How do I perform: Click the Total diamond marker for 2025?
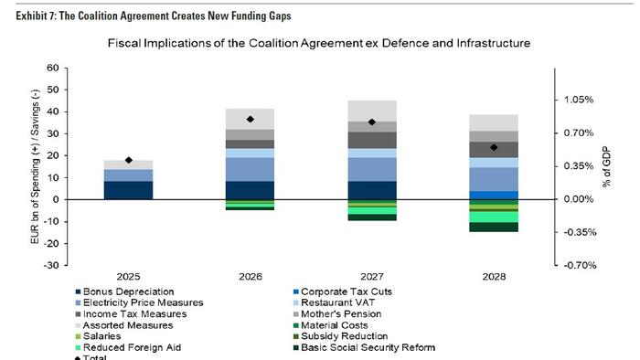129,161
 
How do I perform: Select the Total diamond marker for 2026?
251,120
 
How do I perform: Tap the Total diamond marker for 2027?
372,122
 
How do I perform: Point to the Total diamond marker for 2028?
494,147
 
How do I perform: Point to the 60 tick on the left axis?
52,68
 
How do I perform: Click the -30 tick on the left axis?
51,265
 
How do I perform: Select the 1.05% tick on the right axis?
577,100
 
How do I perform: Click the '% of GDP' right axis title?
606,166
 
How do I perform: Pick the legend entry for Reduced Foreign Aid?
130,347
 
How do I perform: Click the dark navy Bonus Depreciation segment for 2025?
129,189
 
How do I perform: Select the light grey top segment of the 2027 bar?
372,111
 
